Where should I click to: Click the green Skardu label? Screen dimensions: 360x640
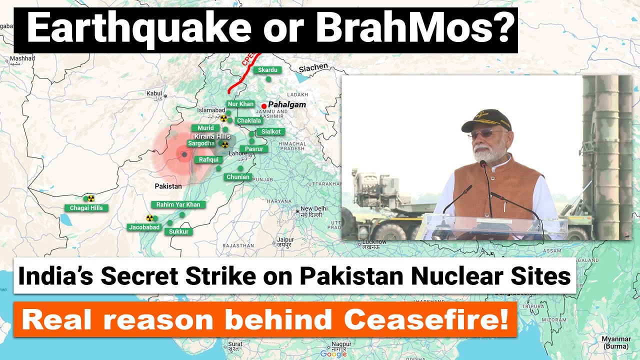tap(267, 70)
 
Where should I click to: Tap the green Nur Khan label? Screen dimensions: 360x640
tap(240, 104)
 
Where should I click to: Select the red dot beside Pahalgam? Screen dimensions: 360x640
tap(263, 105)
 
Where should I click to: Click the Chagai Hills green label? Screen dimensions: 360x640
tap(86, 208)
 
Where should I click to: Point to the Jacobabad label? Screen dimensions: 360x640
tap(144, 227)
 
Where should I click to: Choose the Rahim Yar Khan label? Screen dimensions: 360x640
tap(178, 204)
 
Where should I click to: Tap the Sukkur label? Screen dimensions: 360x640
tap(178, 232)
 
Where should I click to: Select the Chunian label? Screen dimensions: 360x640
tap(237, 177)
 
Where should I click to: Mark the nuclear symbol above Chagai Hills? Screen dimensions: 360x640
tap(90, 198)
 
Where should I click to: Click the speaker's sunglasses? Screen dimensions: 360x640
tap(481, 134)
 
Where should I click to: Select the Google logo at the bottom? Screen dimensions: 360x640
tap(333, 354)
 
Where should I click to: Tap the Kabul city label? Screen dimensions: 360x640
tap(154, 93)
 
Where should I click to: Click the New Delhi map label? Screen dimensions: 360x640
tap(314, 208)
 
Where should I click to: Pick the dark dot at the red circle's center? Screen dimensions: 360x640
tap(184, 155)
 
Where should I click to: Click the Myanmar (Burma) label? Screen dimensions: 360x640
tap(615, 342)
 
